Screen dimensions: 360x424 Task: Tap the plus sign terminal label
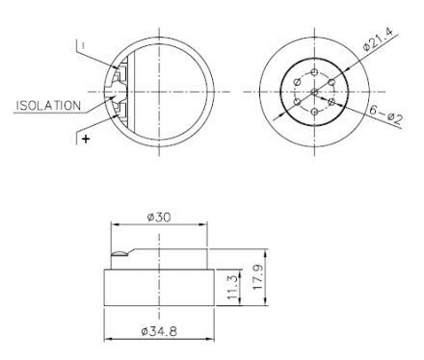coord(86,140)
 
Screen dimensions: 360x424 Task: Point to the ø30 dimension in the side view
coord(158,218)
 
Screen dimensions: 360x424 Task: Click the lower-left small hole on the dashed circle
coord(298,100)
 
